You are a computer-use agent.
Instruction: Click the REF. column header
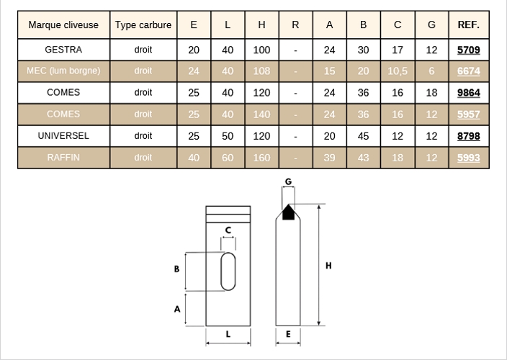click(469, 24)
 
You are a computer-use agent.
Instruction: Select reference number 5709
click(469, 50)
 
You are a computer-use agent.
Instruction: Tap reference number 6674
click(469, 71)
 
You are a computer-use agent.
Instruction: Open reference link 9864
click(469, 93)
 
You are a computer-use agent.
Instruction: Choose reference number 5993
click(469, 158)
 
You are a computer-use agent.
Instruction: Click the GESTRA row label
click(63, 50)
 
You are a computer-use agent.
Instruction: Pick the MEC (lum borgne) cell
click(63, 71)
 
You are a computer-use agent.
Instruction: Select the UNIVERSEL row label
click(63, 136)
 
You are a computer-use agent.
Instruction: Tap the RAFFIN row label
click(63, 158)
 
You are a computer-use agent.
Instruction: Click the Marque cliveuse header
click(63, 25)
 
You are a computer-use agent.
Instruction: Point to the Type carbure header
click(143, 25)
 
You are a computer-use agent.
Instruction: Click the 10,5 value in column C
click(398, 71)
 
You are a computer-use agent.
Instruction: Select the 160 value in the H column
click(261, 158)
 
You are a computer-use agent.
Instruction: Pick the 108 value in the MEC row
click(261, 71)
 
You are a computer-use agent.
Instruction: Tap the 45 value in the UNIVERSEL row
click(364, 136)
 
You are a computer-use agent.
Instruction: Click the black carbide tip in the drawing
click(288, 213)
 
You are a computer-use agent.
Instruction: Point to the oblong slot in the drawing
click(228, 271)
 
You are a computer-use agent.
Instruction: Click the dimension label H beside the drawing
click(328, 266)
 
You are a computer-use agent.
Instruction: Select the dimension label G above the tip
click(288, 181)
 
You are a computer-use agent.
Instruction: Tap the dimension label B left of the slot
click(176, 269)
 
